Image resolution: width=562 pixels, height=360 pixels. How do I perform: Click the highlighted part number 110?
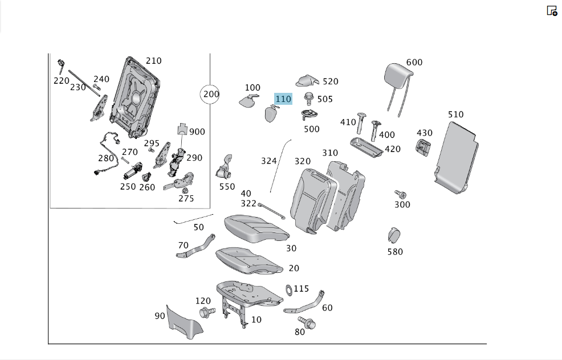point(283,99)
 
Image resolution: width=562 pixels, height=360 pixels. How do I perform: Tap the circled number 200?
point(211,94)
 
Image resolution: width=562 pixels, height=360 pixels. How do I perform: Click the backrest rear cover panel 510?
point(457,158)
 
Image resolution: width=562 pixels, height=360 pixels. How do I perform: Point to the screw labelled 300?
point(401,194)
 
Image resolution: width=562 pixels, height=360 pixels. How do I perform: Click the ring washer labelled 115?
point(289,290)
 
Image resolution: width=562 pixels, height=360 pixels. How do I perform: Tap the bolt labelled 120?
point(207,312)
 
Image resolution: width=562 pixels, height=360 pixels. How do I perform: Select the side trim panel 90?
point(184,323)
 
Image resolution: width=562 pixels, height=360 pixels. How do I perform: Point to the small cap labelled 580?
point(394,235)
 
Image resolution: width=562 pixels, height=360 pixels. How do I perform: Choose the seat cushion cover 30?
point(256,228)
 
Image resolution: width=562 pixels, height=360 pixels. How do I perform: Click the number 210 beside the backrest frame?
point(153,61)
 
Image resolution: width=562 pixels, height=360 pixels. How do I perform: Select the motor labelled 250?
point(133,171)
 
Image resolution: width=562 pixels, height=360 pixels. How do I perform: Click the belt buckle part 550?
point(225,167)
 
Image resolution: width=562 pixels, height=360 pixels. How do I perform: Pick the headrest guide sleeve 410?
point(361,123)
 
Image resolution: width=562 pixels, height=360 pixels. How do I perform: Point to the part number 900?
point(197,132)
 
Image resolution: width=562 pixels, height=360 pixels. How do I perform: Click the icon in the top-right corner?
point(552,11)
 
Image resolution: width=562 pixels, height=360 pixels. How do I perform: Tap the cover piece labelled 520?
point(307,81)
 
